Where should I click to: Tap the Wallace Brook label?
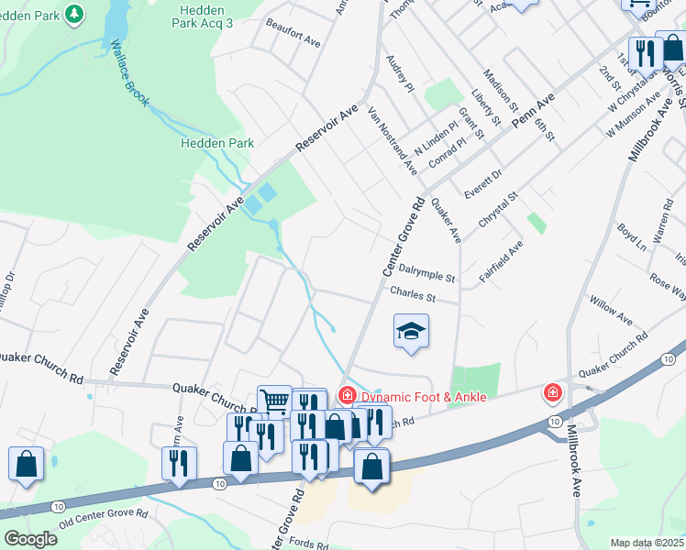(129, 74)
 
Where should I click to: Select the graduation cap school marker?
(411, 333)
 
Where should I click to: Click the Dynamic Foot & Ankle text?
(422, 396)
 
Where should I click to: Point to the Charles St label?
(411, 295)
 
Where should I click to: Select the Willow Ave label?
(611, 312)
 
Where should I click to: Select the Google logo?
(30, 539)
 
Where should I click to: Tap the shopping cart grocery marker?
(274, 401)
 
